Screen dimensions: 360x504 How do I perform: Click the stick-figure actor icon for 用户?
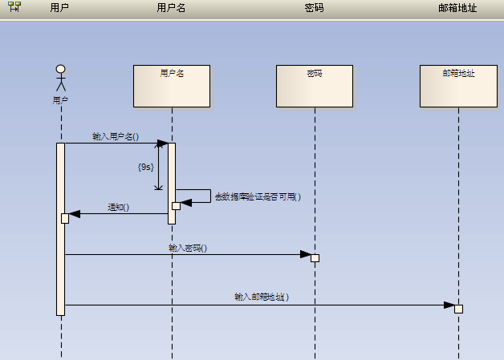(60, 79)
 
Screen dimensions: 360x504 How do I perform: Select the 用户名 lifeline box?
(172, 86)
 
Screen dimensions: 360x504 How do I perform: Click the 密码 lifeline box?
(315, 86)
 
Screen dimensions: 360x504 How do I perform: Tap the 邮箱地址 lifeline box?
(458, 86)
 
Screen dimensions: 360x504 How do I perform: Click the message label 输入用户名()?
(116, 136)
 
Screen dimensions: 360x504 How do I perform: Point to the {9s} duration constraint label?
(145, 167)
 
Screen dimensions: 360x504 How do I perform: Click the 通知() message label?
(119, 207)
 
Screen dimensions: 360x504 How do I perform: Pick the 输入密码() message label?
(188, 248)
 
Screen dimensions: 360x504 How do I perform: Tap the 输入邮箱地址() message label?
(261, 297)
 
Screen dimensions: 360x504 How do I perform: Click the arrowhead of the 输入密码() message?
(306, 255)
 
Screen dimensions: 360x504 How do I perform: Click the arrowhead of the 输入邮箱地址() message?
(449, 305)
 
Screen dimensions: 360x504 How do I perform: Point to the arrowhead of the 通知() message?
(75, 214)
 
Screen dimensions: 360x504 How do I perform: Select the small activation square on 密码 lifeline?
(315, 257)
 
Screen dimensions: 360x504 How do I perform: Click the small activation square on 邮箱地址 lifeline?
(459, 309)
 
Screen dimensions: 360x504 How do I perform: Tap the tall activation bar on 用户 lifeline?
(60, 265)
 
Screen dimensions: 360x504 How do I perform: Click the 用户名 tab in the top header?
(171, 8)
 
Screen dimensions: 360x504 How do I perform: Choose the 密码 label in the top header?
(315, 8)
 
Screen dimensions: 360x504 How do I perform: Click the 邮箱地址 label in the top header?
(458, 8)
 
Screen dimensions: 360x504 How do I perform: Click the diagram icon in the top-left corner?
(14, 7)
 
